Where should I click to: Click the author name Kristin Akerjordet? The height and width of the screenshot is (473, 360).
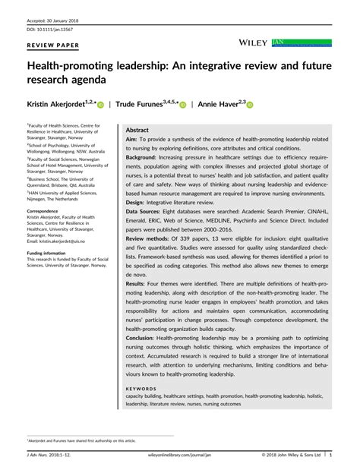[58, 104]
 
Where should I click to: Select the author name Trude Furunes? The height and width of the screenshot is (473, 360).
[144, 104]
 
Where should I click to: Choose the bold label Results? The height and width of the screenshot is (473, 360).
[138, 283]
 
